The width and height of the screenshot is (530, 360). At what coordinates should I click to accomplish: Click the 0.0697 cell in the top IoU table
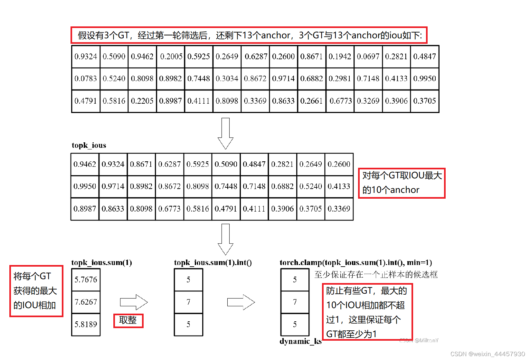(368, 57)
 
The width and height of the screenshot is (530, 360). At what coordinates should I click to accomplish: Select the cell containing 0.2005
(171, 57)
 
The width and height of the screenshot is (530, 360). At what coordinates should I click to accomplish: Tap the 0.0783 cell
(86, 79)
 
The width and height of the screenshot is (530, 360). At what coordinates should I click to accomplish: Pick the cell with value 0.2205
(142, 101)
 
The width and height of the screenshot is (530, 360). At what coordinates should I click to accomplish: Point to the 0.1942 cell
(340, 57)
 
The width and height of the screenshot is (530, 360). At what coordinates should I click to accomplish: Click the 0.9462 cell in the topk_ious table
(85, 164)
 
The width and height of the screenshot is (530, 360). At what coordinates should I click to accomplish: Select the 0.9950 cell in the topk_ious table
(85, 186)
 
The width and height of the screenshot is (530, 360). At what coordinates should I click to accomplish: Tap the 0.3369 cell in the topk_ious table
(339, 209)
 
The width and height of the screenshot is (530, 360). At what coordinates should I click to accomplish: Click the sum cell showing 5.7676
(86, 279)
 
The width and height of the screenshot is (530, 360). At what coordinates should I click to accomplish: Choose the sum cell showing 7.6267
(86, 302)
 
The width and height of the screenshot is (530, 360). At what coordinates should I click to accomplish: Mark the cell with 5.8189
(86, 324)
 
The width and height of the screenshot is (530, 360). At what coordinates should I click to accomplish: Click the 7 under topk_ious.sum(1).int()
(188, 302)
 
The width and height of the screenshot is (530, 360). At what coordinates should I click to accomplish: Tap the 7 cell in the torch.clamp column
(295, 302)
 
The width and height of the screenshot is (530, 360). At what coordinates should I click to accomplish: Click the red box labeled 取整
(128, 320)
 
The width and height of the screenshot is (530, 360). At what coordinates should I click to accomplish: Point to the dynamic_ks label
(300, 341)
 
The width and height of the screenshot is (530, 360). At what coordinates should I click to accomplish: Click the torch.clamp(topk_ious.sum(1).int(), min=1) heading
(355, 263)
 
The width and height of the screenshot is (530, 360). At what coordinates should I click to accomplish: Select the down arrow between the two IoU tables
(225, 133)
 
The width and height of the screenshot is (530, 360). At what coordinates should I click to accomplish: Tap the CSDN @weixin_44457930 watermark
(487, 354)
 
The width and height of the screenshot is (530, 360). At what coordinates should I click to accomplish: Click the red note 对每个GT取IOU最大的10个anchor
(402, 183)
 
